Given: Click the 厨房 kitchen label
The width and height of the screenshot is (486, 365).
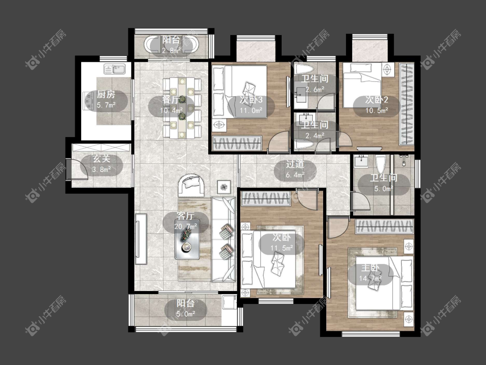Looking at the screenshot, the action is (x=106, y=94).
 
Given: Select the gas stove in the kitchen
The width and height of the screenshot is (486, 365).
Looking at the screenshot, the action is (x=89, y=100).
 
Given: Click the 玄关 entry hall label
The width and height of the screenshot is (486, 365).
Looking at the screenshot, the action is (x=102, y=159).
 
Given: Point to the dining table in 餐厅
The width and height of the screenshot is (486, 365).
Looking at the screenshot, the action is (x=182, y=108).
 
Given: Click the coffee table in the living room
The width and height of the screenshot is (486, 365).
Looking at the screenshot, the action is (x=187, y=240).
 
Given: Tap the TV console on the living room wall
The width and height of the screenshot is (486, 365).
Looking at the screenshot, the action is (x=141, y=239).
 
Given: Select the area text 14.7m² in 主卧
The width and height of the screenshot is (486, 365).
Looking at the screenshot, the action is (x=370, y=279).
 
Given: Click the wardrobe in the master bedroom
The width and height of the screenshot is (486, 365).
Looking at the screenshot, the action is (x=384, y=227).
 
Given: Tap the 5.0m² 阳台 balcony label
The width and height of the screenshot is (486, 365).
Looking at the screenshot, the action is (x=186, y=308).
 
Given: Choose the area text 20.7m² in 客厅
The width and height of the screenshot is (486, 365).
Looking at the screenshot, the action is (x=186, y=226).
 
